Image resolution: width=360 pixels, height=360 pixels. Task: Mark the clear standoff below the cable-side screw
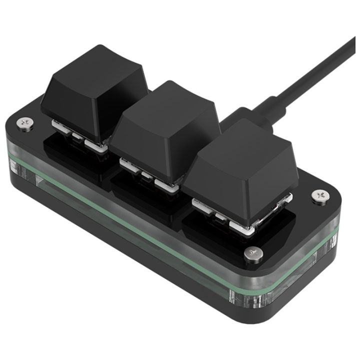coord(332,240)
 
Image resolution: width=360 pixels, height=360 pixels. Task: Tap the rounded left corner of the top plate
coord(11,127)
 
